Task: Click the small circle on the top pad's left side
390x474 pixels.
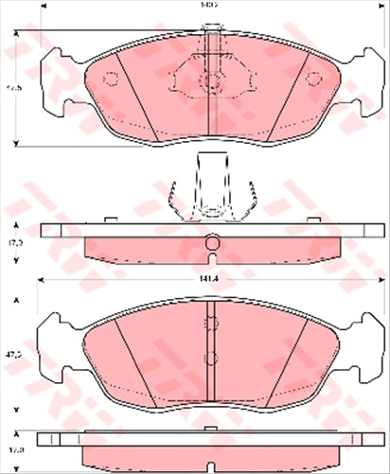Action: point(110,79)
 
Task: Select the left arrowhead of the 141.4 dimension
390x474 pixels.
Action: point(41,280)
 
